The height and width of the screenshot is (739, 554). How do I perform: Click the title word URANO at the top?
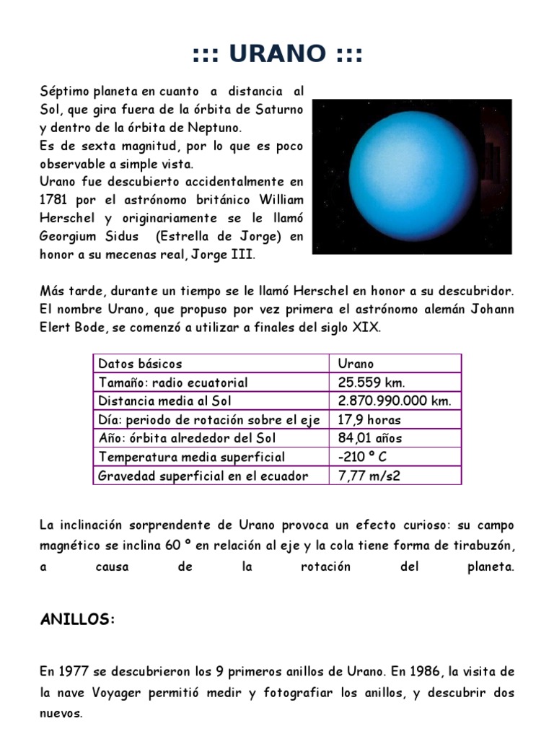click(278, 53)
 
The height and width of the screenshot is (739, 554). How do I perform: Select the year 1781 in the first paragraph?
click(54, 198)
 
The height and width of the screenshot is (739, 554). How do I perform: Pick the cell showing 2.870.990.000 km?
click(395, 401)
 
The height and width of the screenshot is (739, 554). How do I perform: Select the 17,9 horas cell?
click(369, 420)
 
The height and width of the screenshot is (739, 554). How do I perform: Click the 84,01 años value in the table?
click(370, 438)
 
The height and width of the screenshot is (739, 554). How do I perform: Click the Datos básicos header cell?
click(140, 364)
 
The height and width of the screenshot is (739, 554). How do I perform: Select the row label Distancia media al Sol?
click(165, 401)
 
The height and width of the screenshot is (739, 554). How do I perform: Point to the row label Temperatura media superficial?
click(191, 457)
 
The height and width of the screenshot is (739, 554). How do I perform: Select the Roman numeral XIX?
click(366, 328)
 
